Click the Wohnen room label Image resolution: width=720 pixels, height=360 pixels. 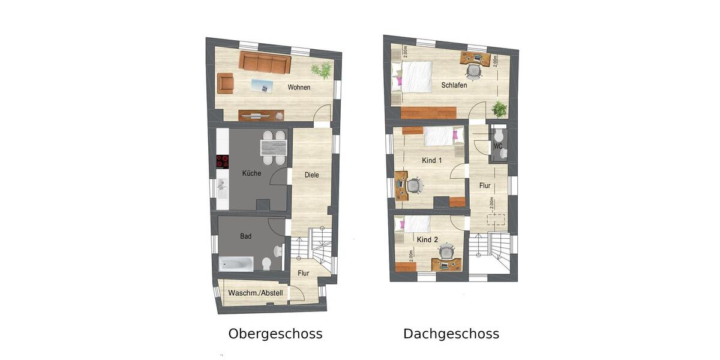tap(299, 88)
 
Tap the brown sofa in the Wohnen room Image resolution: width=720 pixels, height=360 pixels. tap(265, 62)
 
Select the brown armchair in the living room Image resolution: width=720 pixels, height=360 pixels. tap(226, 83)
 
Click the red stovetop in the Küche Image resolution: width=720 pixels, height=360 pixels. tap(223, 161)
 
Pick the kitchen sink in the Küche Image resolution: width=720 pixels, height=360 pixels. tap(223, 187)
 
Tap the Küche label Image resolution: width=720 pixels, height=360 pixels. tap(251, 173)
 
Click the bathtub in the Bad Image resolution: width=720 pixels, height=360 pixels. tap(236, 263)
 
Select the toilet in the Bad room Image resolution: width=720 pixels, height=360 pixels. tap(267, 263)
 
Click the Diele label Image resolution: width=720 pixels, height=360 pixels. tap(311, 175)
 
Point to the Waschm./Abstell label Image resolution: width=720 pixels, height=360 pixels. tap(255, 293)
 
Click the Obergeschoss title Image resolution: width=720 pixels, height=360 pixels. tap(275, 334)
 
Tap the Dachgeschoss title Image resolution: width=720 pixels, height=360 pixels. tap(451, 334)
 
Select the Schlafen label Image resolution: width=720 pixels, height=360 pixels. tap(454, 85)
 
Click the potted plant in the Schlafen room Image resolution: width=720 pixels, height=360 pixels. tap(499, 109)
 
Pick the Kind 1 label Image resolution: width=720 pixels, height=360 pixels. tap(432, 160)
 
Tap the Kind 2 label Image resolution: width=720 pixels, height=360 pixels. tap(427, 239)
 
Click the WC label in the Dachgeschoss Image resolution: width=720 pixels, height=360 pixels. tap(497, 146)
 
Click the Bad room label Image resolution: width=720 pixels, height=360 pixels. tap(246, 236)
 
